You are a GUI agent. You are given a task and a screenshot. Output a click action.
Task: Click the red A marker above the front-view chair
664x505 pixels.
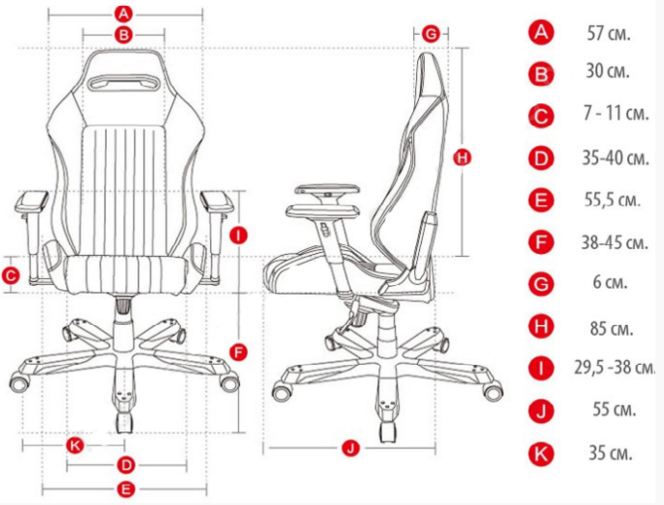click(123, 14)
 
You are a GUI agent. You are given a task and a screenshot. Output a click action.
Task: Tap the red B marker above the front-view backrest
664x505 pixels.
click(123, 35)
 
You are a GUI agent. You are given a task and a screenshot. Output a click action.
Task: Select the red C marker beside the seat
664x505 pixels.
click(11, 276)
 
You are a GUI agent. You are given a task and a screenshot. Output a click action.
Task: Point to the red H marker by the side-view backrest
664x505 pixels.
click(462, 158)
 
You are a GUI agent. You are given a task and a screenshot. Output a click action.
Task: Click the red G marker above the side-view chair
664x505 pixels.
click(431, 33)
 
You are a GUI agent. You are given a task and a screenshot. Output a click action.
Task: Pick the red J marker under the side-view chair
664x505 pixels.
click(351, 448)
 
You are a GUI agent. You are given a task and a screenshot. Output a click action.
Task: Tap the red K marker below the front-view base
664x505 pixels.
click(75, 446)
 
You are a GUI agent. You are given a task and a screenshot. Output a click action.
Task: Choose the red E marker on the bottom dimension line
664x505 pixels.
click(125, 489)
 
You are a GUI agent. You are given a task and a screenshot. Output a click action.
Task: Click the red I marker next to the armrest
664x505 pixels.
click(239, 234)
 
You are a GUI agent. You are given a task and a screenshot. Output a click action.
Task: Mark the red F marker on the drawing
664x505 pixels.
click(239, 352)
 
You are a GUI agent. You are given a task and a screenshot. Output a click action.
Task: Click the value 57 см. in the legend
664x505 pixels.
click(609, 33)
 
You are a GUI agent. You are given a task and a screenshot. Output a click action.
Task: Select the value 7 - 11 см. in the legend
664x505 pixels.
click(616, 113)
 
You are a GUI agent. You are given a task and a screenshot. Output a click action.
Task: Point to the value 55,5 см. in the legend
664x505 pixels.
click(612, 199)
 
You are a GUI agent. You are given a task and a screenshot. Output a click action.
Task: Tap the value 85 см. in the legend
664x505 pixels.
click(612, 329)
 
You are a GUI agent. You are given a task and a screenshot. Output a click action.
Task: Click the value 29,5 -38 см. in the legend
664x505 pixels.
click(614, 367)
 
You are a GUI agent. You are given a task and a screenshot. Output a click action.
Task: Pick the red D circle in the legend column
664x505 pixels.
click(542, 159)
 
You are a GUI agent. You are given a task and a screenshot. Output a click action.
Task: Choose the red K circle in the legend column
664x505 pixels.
click(542, 453)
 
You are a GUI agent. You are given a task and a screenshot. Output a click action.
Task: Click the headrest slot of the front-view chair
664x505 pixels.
click(123, 83)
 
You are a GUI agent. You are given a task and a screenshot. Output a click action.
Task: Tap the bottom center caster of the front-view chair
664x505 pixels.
click(123, 422)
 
